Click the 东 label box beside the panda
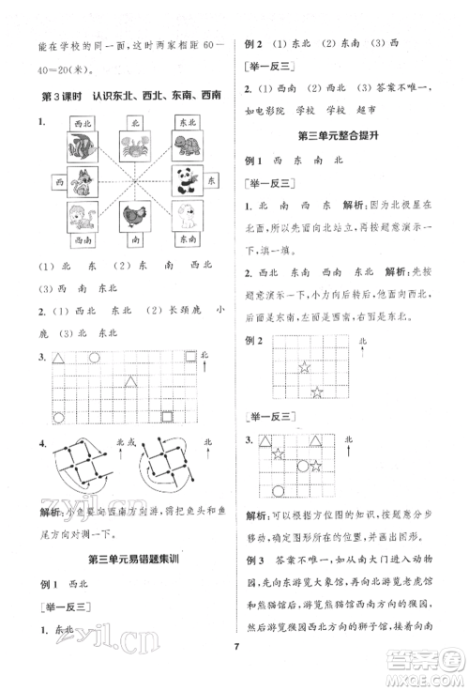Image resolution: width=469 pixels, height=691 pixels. pos(213,177)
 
